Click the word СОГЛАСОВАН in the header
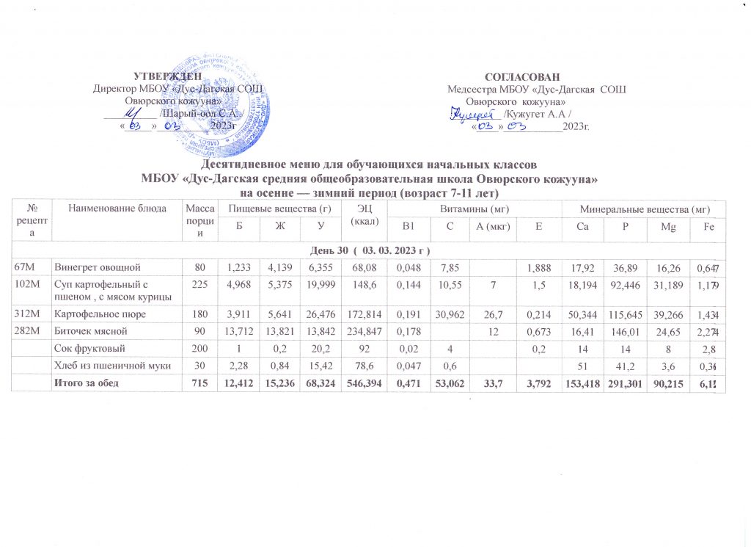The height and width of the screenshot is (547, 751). tap(522, 77)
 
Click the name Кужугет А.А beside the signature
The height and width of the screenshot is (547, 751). tap(536, 115)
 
